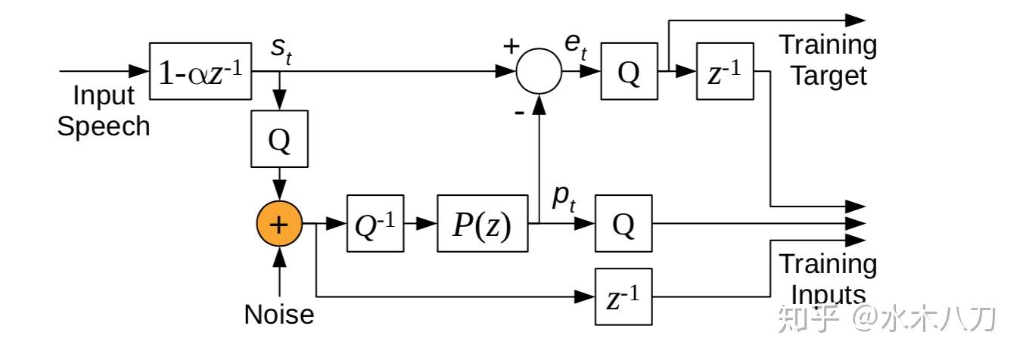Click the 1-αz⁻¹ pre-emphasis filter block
coord(201,73)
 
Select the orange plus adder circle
coord(279,225)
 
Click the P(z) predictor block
coord(483,225)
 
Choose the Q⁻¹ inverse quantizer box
coord(375,225)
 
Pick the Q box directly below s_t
coord(279,139)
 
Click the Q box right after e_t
coord(629,73)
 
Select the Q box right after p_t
coord(623,224)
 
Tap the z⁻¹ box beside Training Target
coord(724,73)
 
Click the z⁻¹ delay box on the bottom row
coord(623,296)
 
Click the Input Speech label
coord(104,110)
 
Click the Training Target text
coord(828,61)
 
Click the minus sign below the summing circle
coord(521,113)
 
